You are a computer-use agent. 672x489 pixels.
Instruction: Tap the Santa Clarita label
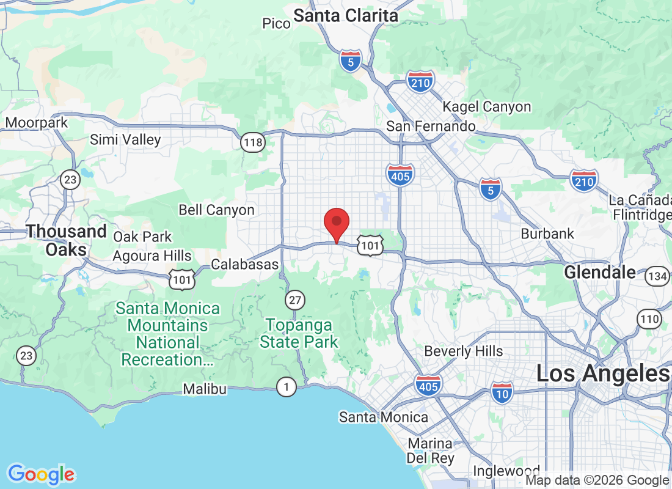pyautogui.click(x=346, y=16)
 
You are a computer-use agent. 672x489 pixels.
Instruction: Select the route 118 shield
pyautogui.click(x=252, y=143)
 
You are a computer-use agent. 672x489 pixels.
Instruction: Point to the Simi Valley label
pyautogui.click(x=125, y=140)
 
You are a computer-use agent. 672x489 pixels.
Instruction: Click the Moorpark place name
pyautogui.click(x=37, y=123)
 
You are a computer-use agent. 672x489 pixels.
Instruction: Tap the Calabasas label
pyautogui.click(x=244, y=265)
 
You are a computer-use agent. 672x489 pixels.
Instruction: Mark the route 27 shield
pyautogui.click(x=295, y=300)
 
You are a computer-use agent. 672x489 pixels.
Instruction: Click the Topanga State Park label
pyautogui.click(x=299, y=333)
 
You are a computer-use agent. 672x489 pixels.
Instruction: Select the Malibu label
pyautogui.click(x=205, y=389)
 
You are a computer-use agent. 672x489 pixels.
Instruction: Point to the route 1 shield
pyautogui.click(x=285, y=386)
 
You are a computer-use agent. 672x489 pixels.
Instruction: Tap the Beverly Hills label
pyautogui.click(x=464, y=351)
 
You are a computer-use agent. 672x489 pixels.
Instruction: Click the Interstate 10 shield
pyautogui.click(x=502, y=391)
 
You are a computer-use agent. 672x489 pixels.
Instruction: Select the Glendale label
pyautogui.click(x=600, y=273)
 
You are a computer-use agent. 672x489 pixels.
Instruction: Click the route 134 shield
pyautogui.click(x=657, y=276)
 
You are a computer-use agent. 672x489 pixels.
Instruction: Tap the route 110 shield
pyautogui.click(x=649, y=318)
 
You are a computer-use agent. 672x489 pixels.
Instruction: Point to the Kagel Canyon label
pyautogui.click(x=487, y=107)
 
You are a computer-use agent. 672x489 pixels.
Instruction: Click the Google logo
pyautogui.click(x=42, y=474)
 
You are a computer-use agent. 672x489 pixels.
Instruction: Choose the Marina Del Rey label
pyautogui.click(x=430, y=451)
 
